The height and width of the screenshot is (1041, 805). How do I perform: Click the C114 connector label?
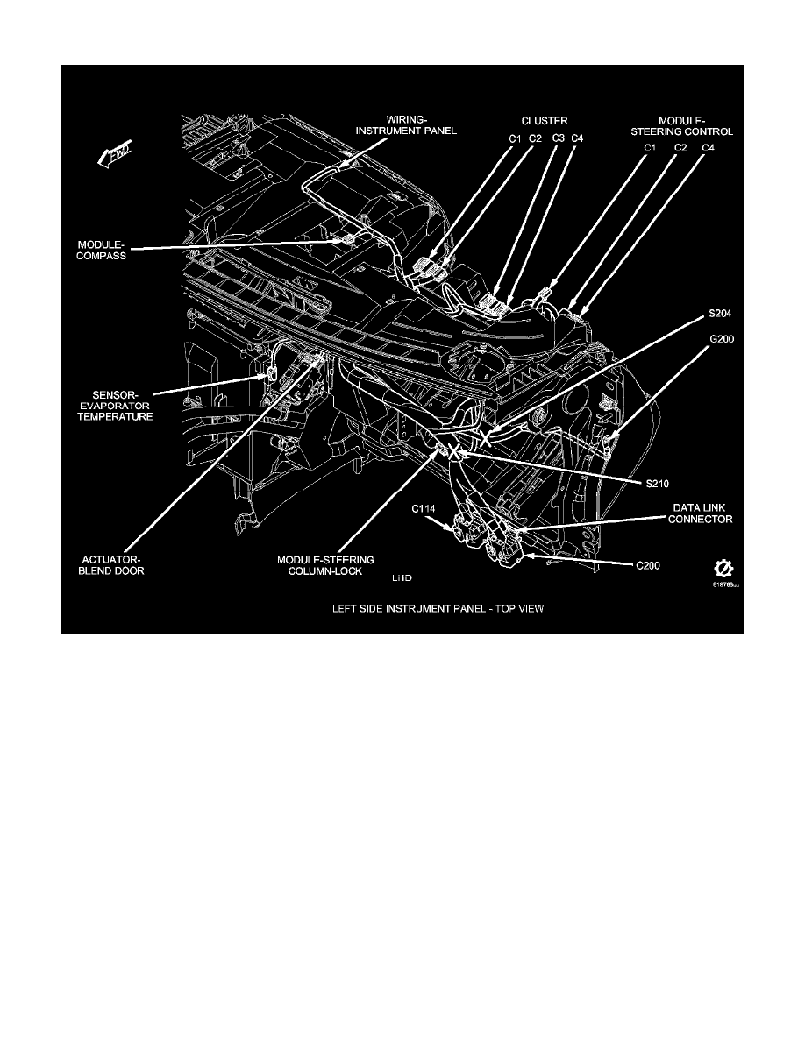pyautogui.click(x=424, y=508)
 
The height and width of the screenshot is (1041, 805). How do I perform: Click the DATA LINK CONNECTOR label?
pyautogui.click(x=702, y=513)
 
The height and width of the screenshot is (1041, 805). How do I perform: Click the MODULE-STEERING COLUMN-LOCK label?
pyautogui.click(x=314, y=563)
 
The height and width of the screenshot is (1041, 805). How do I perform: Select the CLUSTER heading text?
pyautogui.click(x=545, y=121)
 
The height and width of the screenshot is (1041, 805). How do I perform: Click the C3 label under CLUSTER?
pyautogui.click(x=558, y=138)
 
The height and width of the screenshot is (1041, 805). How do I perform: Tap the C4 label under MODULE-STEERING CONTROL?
pyautogui.click(x=708, y=147)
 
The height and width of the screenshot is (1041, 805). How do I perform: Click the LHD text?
pyautogui.click(x=402, y=579)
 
